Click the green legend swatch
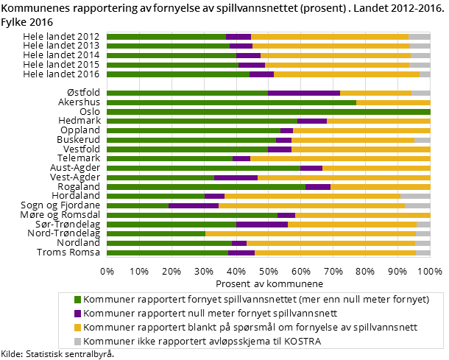click(x=77, y=300)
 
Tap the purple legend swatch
click(x=77, y=314)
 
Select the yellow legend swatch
click(x=77, y=328)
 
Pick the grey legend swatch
click(x=77, y=342)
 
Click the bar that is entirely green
click(x=268, y=112)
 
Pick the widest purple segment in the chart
click(x=303, y=93)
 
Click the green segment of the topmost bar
click(x=166, y=36)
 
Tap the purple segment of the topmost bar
click(x=238, y=36)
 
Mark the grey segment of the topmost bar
click(x=419, y=36)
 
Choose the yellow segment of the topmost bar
click(x=329, y=36)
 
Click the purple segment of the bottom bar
click(x=241, y=253)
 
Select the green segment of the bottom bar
click(x=167, y=253)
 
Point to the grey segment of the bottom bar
click(x=423, y=253)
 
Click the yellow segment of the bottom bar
click(x=335, y=253)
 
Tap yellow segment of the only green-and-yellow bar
click(x=392, y=103)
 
